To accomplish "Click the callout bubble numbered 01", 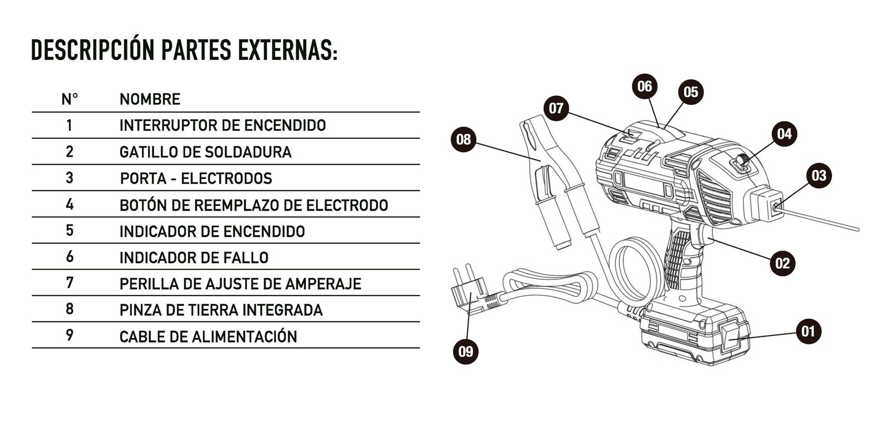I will [x=808, y=331].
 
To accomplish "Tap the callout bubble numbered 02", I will [x=782, y=262].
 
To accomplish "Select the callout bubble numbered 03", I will [x=818, y=176].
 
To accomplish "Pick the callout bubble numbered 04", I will [x=784, y=134].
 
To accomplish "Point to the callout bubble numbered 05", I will [x=690, y=91].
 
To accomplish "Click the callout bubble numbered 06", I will [x=644, y=86].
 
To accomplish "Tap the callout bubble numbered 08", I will [x=463, y=139].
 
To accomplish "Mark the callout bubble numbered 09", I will [x=466, y=351].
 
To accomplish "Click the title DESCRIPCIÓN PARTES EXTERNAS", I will [x=184, y=50].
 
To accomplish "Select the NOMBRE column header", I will [x=150, y=99].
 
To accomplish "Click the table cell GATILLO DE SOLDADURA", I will [x=205, y=152].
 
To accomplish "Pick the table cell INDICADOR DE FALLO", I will [x=194, y=258].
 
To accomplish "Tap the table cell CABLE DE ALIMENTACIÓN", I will [x=208, y=336].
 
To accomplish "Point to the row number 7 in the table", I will [x=69, y=283].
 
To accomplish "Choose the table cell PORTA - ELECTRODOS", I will [x=196, y=178].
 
